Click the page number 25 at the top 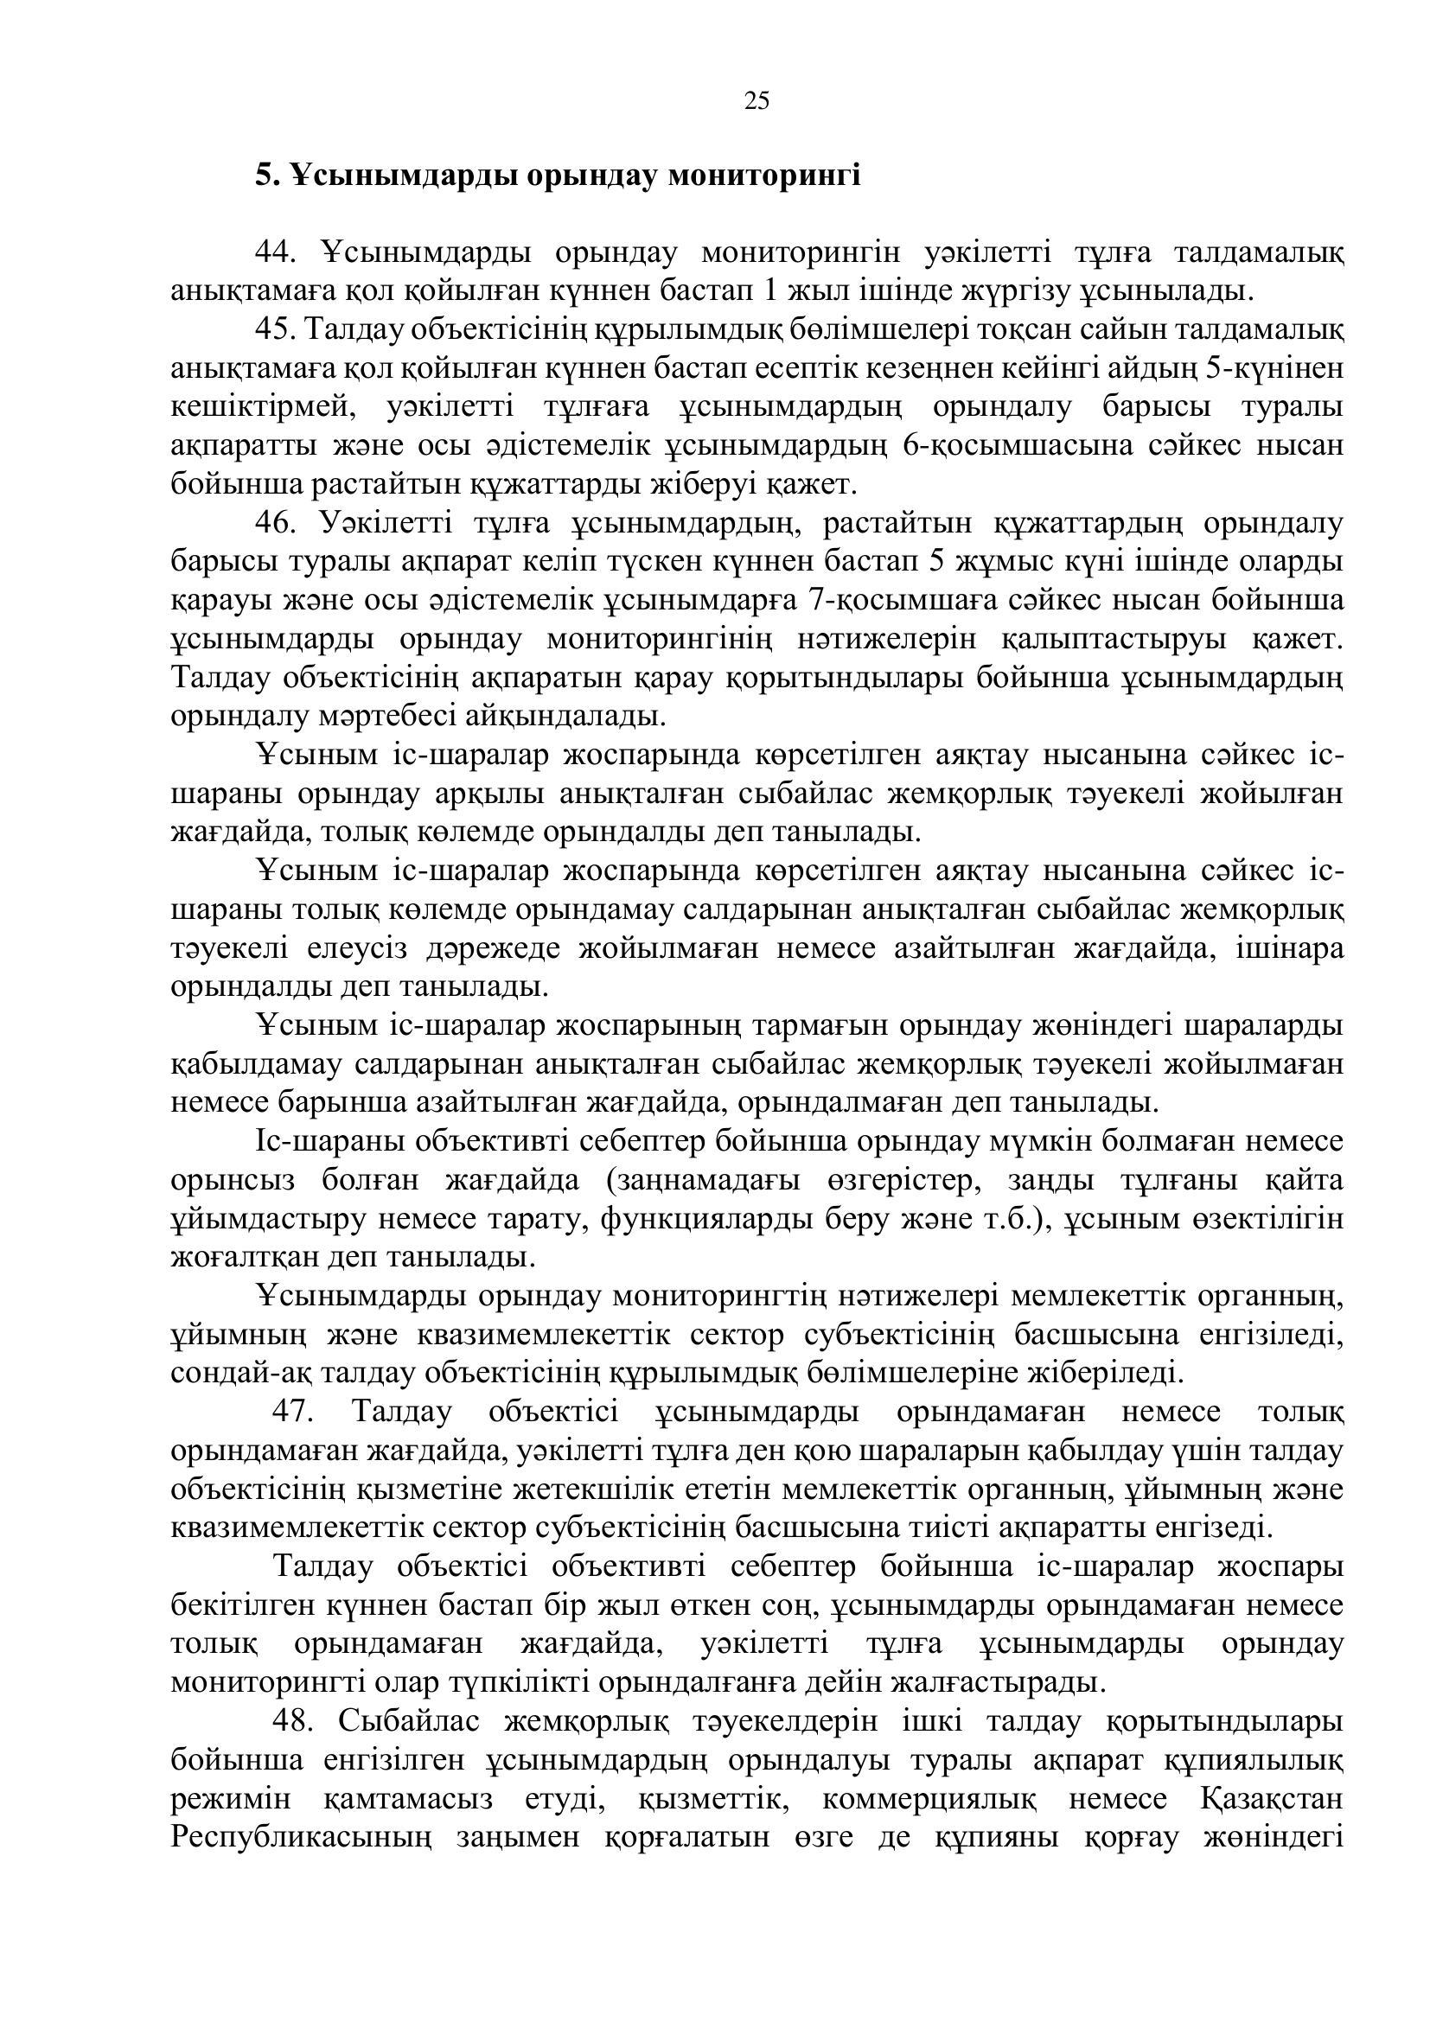(x=756, y=101)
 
